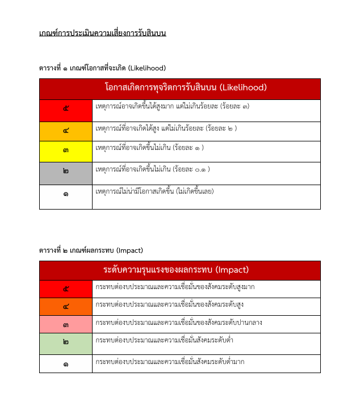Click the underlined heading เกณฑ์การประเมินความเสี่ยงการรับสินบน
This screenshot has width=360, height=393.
click(102, 33)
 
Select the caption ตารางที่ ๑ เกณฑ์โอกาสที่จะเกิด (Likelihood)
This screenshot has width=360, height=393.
click(102, 68)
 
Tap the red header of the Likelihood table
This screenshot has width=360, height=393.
click(179, 88)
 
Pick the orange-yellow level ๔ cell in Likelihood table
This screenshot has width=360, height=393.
click(66, 131)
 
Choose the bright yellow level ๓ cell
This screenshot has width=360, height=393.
click(66, 151)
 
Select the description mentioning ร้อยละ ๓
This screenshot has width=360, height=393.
click(172, 106)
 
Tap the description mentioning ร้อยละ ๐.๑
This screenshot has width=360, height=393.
click(153, 169)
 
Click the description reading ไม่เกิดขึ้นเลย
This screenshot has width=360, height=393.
click(154, 191)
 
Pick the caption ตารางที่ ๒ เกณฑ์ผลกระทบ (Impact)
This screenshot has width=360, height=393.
click(91, 250)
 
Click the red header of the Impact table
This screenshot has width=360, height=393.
click(179, 270)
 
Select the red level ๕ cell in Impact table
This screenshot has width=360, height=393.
click(66, 289)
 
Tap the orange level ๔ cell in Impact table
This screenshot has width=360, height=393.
click(66, 307)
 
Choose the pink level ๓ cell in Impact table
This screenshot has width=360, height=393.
click(66, 324)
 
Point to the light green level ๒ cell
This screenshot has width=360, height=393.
click(66, 343)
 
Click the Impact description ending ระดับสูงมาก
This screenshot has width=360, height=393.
click(175, 287)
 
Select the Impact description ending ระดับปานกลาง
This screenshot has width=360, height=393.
click(179, 323)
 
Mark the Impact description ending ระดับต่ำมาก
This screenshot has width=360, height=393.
click(170, 362)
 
